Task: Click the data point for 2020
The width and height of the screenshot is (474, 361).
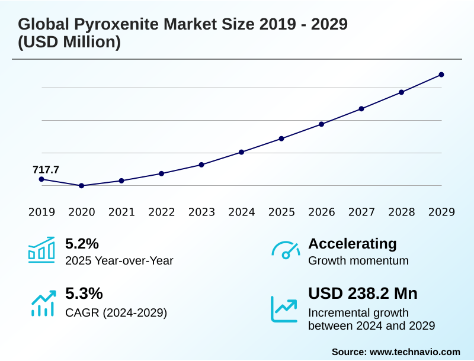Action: tap(82, 186)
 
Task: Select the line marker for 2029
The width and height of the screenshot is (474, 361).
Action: tap(441, 75)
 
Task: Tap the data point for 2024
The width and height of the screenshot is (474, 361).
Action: tap(242, 152)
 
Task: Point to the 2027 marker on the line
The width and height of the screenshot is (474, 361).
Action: tap(361, 108)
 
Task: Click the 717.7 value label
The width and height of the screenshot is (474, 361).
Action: tap(46, 170)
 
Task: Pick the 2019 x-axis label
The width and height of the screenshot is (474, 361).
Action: tap(41, 212)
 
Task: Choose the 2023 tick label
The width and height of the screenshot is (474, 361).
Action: tap(201, 212)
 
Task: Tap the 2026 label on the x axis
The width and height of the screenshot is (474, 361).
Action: tap(322, 212)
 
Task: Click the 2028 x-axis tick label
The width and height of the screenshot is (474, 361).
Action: tap(402, 212)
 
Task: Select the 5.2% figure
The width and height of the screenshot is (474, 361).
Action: tap(82, 243)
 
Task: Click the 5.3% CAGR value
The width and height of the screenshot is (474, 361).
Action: tap(84, 294)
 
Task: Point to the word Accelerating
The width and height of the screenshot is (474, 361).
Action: tap(353, 243)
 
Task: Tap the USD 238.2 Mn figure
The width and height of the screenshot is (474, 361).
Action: tap(363, 294)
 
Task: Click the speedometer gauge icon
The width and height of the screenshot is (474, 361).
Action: tap(285, 250)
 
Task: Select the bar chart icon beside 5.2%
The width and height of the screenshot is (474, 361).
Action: tap(41, 250)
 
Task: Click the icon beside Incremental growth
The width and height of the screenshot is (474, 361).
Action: tap(284, 308)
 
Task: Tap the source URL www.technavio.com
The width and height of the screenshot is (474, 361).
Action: tap(415, 352)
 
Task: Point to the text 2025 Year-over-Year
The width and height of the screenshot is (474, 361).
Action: tap(119, 260)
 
